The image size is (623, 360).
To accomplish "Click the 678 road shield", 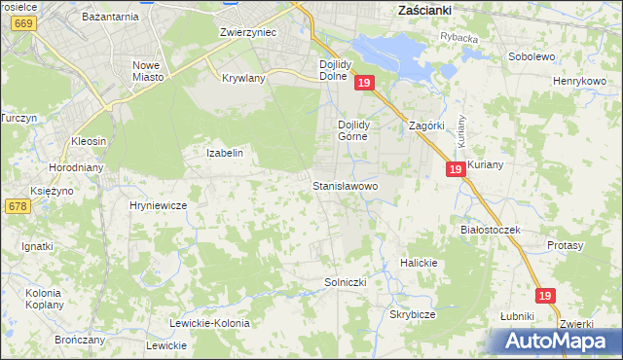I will coord(17,206).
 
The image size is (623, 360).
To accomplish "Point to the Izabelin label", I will coord(224,153).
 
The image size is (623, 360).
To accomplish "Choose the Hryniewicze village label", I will coord(158,205).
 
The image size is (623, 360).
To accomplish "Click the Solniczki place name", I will coord(345,282).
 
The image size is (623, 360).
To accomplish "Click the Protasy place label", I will coord(565,245).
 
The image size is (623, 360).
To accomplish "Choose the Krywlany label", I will coord(243,78).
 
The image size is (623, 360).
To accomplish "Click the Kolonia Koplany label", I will coord(44,298).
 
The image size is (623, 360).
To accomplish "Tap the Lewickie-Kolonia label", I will coord(209,323).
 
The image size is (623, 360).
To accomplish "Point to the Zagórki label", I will coord(426,126).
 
